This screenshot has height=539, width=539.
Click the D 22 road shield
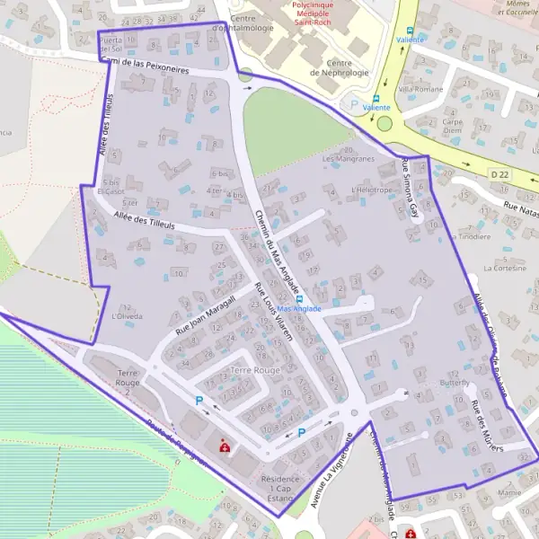[500, 172]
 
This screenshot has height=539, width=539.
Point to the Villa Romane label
[421, 90]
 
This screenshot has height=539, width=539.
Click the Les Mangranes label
[348, 159]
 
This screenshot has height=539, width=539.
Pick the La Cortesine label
[504, 268]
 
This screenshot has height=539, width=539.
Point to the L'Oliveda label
[127, 316]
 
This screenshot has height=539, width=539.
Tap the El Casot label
[110, 191]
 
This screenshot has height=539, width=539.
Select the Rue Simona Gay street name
[412, 189]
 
